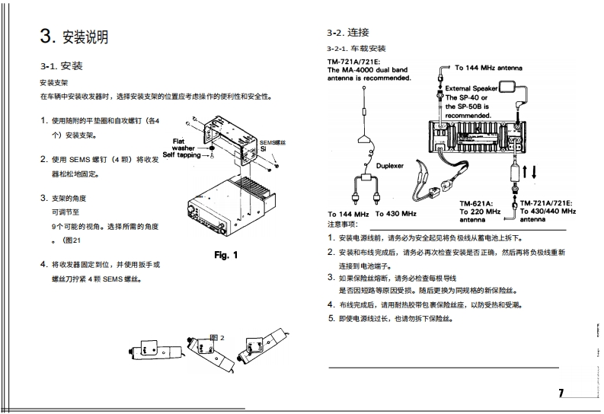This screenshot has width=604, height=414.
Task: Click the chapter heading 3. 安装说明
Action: click(74, 36)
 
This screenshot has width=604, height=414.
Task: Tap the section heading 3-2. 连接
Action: click(348, 33)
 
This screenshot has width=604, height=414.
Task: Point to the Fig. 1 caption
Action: click(226, 254)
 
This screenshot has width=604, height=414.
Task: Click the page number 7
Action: click(561, 393)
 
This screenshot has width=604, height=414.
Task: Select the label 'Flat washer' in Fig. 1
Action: click(183, 145)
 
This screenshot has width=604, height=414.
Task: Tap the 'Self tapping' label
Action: click(181, 154)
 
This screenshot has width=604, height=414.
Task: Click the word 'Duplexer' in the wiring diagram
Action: click(391, 164)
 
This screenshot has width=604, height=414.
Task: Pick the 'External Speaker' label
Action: click(471, 88)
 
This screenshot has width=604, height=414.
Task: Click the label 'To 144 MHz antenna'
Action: click(488, 68)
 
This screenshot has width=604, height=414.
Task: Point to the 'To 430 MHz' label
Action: click(395, 214)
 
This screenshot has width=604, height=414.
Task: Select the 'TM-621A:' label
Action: click(477, 203)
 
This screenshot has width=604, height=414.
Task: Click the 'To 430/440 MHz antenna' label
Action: click(548, 214)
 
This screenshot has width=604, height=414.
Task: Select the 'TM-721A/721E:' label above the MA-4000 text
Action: click(353, 61)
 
